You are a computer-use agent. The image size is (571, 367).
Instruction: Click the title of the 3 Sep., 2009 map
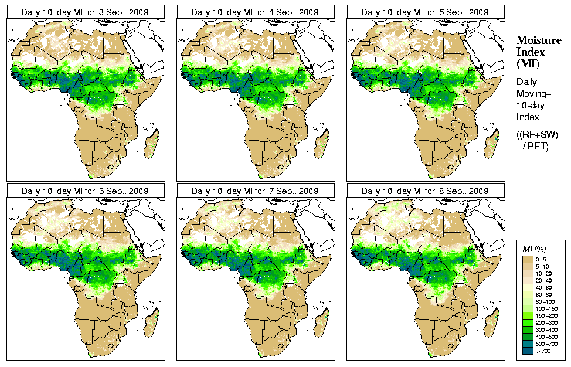tap(84, 12)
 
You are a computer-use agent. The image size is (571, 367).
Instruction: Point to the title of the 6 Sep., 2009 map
tap(84, 191)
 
